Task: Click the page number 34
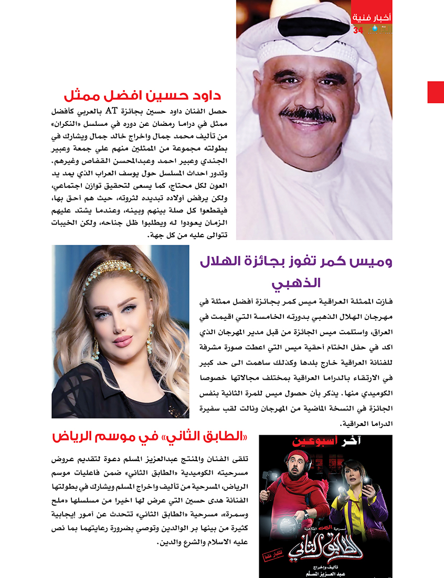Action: coord(358,30)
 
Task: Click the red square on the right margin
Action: coord(436,92)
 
